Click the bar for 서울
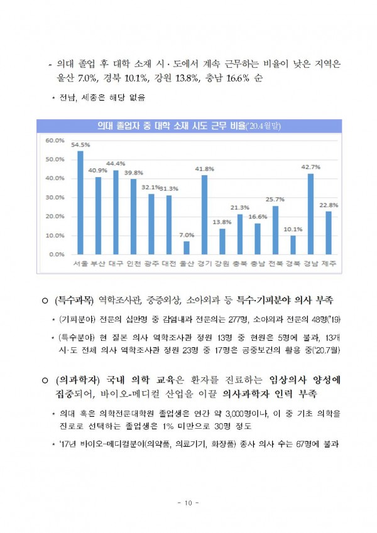[80, 203]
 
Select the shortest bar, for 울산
[187, 247]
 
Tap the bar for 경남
[311, 214]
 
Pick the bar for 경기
[204, 215]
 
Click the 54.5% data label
[80, 144]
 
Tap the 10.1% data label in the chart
[293, 229]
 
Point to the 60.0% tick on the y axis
[55, 141]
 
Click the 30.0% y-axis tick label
[55, 197]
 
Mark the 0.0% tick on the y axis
[57, 254]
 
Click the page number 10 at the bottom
[188, 502]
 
